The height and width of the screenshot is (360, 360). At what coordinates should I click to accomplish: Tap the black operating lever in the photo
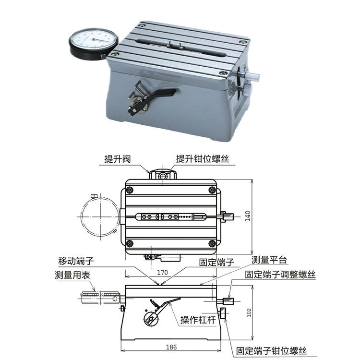click(163, 93)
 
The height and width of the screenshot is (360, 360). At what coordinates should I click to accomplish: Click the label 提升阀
click(118, 159)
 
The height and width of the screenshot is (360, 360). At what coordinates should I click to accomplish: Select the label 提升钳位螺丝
click(203, 159)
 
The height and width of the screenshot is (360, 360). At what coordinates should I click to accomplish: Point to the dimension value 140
click(248, 216)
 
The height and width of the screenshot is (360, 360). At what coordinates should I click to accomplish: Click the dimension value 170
click(162, 272)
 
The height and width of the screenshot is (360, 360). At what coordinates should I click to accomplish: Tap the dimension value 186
click(171, 347)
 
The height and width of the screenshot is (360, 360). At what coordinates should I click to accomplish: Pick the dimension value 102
click(249, 312)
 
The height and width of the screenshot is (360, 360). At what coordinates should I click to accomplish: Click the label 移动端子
click(76, 261)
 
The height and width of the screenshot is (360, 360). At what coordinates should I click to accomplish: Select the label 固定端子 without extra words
click(216, 262)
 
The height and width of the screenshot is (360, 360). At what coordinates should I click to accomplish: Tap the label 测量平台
click(269, 260)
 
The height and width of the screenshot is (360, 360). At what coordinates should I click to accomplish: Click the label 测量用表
click(72, 275)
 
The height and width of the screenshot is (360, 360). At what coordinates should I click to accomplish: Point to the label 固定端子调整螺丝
click(280, 275)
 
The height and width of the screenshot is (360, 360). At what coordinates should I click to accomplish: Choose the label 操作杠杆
click(198, 320)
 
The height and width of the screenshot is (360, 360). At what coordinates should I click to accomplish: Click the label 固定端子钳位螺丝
click(271, 351)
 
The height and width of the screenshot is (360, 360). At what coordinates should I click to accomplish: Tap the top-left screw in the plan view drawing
click(130, 190)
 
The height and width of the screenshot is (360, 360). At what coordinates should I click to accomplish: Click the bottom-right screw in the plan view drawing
click(212, 243)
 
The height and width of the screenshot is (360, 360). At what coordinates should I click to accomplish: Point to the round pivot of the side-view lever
click(151, 319)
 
